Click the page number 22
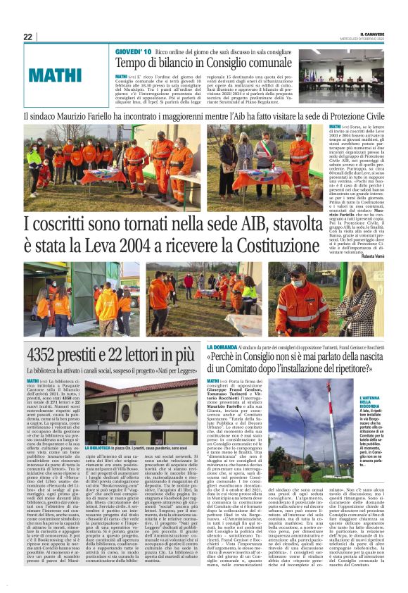click(x=27, y=37)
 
